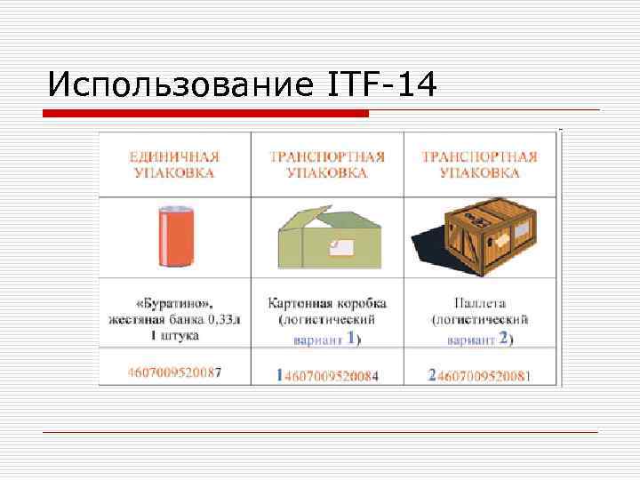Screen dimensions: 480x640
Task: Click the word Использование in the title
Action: pos(179,85)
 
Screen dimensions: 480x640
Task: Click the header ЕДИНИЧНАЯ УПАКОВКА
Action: pos(174,164)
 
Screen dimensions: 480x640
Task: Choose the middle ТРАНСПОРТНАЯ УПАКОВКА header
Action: pos(327,164)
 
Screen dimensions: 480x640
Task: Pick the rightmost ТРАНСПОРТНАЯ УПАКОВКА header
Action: pos(479,164)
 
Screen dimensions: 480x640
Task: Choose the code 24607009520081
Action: pos(479,375)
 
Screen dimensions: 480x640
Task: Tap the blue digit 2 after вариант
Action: pos(504,339)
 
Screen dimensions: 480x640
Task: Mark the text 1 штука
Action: pos(174,335)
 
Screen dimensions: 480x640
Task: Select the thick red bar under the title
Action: pos(206,114)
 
